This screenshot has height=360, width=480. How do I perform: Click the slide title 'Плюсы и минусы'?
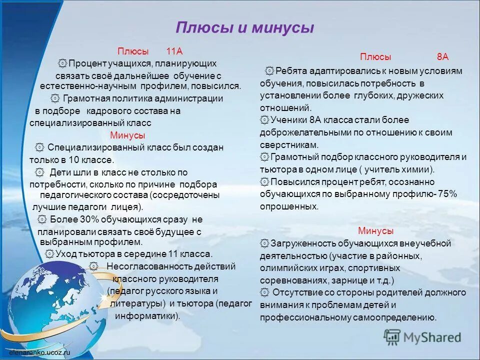pos(245,27)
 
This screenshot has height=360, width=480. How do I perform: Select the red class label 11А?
pos(174,51)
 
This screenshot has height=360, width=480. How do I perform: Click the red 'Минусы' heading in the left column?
pos(127,135)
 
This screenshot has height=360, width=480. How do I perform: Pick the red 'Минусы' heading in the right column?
pos(375,231)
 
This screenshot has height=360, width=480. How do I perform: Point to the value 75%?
pos(447,194)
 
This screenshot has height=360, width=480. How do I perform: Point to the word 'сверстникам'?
pos(288,145)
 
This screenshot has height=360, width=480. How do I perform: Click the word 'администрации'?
pos(192,98)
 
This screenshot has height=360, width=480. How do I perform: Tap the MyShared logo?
pos(422,337)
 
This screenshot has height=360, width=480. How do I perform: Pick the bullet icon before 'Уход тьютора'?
pos(49,254)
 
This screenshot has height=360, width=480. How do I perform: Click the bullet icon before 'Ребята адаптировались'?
pos(269,71)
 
